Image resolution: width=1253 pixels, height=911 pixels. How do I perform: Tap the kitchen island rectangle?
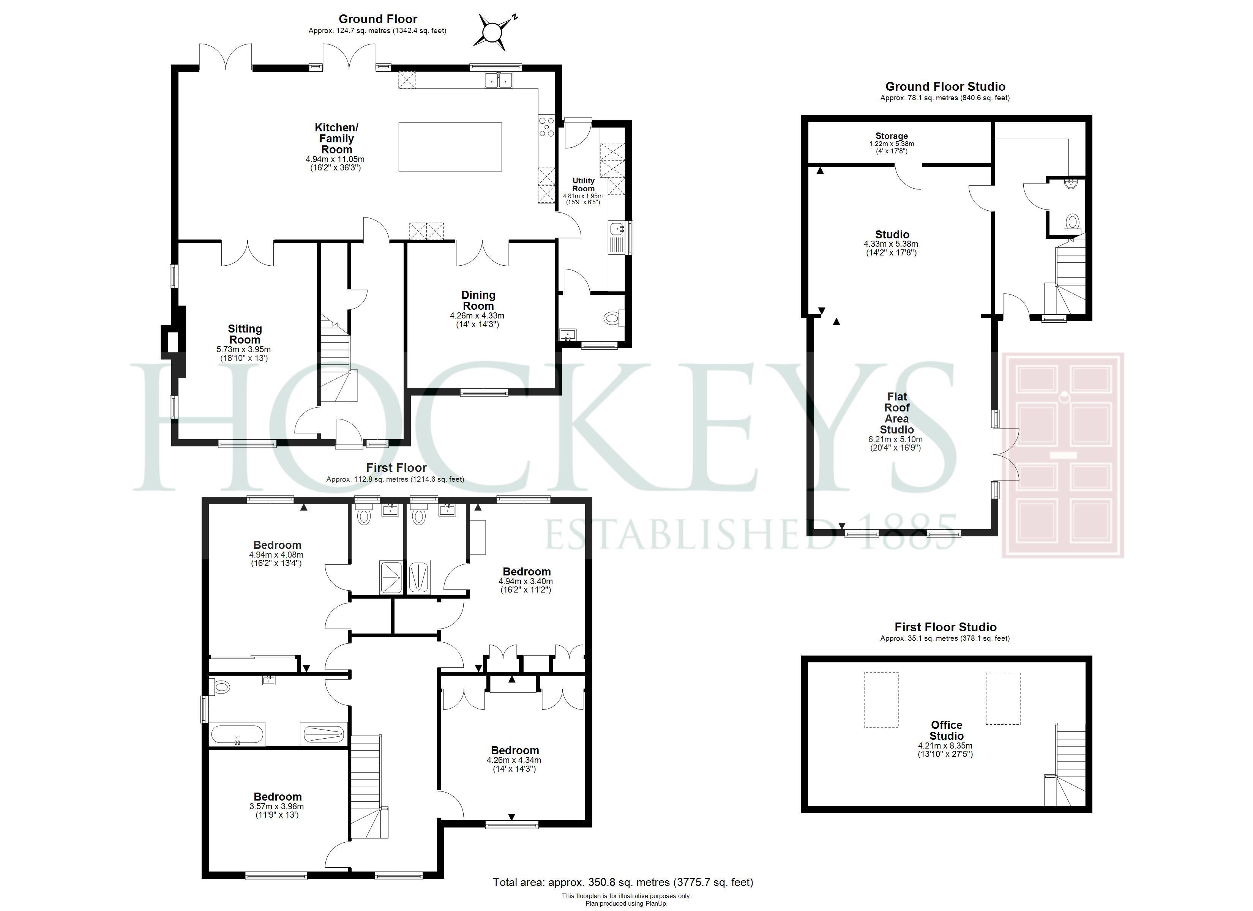click(450, 147)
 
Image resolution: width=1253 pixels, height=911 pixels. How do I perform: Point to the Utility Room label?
click(584, 184)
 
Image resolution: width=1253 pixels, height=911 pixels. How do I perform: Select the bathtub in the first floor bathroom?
click(238, 734)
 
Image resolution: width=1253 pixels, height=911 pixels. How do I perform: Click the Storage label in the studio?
click(891, 136)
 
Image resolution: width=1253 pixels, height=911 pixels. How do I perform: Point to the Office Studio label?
click(946, 730)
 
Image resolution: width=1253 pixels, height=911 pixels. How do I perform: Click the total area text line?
click(623, 882)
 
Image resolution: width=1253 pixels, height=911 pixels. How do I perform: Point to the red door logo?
click(1063, 455)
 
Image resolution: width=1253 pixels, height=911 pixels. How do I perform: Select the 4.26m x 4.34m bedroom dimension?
click(514, 761)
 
